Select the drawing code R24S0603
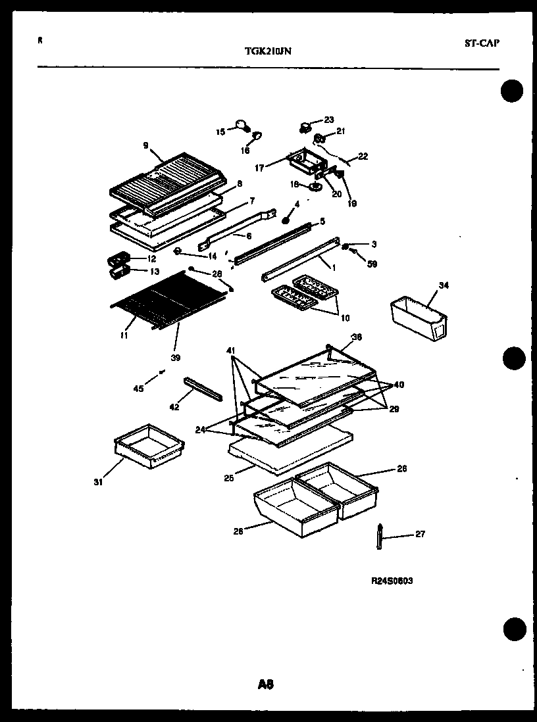[x=392, y=581]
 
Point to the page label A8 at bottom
[x=266, y=685]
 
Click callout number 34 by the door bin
[x=444, y=285]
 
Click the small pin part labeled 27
[x=380, y=535]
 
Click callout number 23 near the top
[x=329, y=120]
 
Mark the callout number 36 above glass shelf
[x=357, y=337]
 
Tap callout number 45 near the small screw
[x=138, y=389]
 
